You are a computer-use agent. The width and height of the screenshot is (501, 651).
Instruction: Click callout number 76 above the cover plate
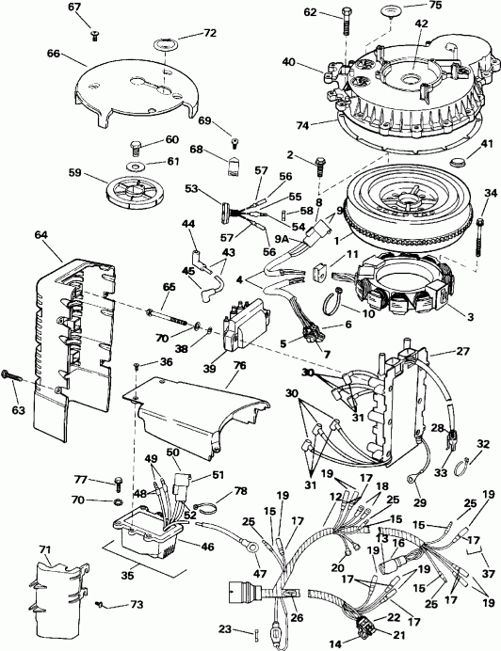tap(239, 366)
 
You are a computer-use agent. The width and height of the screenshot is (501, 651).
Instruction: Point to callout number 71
tap(44, 548)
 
